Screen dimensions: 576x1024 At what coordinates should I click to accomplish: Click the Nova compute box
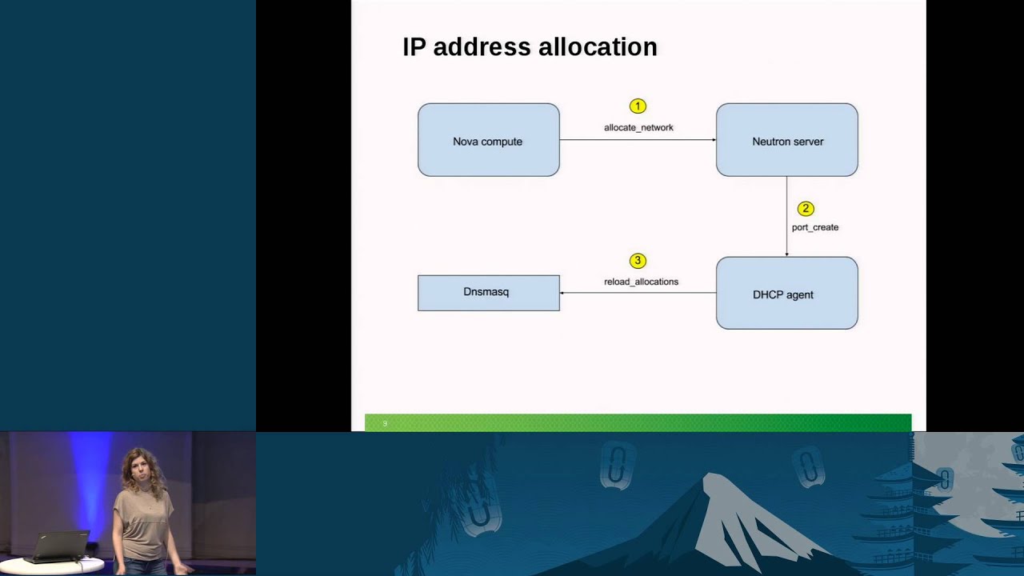tap(488, 140)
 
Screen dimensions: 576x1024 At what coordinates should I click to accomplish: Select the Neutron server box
tap(786, 140)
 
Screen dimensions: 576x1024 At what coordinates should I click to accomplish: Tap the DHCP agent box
tap(786, 293)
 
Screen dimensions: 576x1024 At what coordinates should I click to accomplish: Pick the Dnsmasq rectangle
tap(488, 293)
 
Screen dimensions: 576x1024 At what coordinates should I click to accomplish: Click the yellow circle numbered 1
tap(638, 106)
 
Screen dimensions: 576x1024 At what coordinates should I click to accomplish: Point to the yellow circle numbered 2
tap(806, 209)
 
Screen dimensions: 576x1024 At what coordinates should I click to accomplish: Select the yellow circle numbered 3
tap(638, 261)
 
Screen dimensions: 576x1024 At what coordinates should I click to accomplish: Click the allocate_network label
tap(638, 127)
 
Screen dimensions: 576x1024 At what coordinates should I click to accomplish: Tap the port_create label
tap(815, 227)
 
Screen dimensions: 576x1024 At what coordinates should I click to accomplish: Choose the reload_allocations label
tap(641, 282)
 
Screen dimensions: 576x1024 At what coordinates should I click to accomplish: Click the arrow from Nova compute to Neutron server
tap(638, 140)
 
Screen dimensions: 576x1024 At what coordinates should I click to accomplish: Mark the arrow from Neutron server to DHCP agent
tap(786, 216)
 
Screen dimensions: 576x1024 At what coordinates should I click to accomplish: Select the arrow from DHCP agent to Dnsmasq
tap(638, 293)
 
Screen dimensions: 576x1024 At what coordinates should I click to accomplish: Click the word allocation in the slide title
tap(598, 47)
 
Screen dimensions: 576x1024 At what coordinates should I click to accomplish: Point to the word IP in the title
tap(414, 47)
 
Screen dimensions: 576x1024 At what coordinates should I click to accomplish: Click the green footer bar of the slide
tap(638, 422)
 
